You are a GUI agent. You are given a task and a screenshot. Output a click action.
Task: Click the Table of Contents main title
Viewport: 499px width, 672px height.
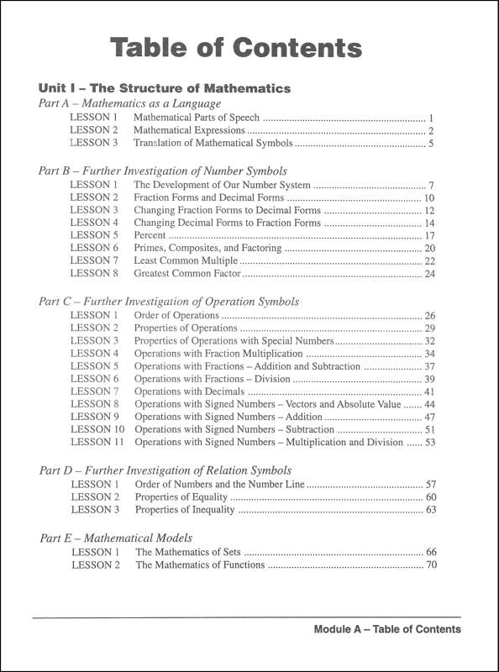(x=236, y=49)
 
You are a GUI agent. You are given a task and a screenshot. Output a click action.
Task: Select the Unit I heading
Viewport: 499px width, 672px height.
(x=165, y=87)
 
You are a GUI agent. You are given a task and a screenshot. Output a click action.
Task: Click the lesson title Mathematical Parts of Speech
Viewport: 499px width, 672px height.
(x=197, y=118)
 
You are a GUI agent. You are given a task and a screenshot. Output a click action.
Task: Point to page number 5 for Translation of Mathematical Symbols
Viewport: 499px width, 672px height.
(x=430, y=144)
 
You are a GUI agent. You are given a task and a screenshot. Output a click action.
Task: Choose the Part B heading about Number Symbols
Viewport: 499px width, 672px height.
(x=163, y=170)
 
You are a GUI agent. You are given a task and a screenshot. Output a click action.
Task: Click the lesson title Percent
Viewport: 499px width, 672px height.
(x=150, y=236)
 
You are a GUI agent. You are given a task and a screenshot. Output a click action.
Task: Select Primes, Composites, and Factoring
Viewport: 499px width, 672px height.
(x=207, y=249)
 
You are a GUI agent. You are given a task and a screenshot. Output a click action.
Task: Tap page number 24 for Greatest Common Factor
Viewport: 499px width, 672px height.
(x=429, y=274)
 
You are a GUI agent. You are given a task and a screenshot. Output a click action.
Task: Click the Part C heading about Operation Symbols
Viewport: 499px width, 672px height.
(x=169, y=301)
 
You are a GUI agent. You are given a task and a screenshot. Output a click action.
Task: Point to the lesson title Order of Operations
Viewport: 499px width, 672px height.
(x=177, y=315)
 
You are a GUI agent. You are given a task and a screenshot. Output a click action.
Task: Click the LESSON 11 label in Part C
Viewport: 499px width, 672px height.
(x=97, y=441)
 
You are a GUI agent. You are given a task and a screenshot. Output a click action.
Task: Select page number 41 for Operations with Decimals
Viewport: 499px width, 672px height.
(x=429, y=391)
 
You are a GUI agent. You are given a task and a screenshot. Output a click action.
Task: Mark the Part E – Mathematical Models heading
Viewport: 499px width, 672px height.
(x=117, y=538)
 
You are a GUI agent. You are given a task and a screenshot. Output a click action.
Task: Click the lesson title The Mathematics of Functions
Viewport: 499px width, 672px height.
(x=200, y=565)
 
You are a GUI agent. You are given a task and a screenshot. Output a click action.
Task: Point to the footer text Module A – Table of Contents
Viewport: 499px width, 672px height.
(x=386, y=629)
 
